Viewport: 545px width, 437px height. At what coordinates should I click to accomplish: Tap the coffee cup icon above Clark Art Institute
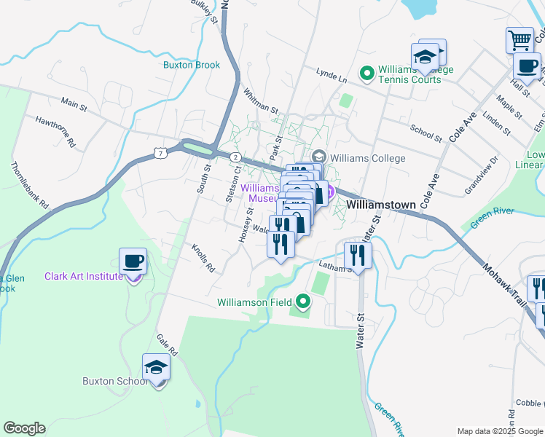pyautogui.click(x=133, y=261)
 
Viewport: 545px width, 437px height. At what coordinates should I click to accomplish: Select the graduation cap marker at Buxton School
pyautogui.click(x=156, y=367)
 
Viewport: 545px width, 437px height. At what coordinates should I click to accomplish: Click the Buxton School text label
pyautogui.click(x=108, y=381)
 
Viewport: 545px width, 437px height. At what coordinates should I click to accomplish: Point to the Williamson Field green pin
pyautogui.click(x=303, y=302)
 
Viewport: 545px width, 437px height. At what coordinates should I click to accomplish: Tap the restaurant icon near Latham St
pyautogui.click(x=357, y=255)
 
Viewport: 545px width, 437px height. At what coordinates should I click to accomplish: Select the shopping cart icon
pyautogui.click(x=519, y=39)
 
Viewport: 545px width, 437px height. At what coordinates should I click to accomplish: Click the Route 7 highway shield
pyautogui.click(x=160, y=152)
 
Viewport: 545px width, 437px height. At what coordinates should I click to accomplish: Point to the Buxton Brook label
pyautogui.click(x=192, y=65)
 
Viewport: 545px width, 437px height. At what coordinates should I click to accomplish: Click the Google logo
pyautogui.click(x=24, y=428)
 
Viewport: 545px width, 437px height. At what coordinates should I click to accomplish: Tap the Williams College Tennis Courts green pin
pyautogui.click(x=366, y=73)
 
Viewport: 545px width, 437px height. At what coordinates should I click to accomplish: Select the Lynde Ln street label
pyautogui.click(x=331, y=74)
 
